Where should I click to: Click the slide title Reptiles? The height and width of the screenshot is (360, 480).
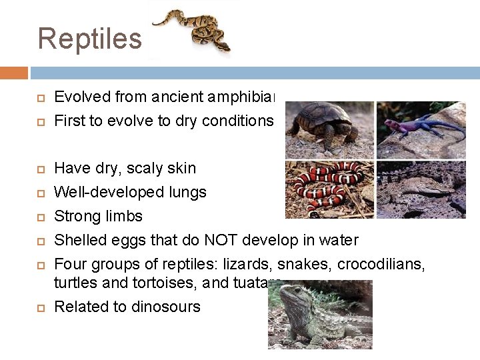click(x=89, y=39)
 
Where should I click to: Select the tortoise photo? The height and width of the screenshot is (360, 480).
click(x=329, y=130)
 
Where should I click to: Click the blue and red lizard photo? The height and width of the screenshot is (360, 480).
click(x=421, y=130)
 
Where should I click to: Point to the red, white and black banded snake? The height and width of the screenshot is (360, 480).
click(x=329, y=189)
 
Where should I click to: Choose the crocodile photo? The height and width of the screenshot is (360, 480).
click(x=421, y=189)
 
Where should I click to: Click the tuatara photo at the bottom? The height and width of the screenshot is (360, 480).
click(x=319, y=315)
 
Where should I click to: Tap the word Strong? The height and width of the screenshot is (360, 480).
click(x=75, y=216)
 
